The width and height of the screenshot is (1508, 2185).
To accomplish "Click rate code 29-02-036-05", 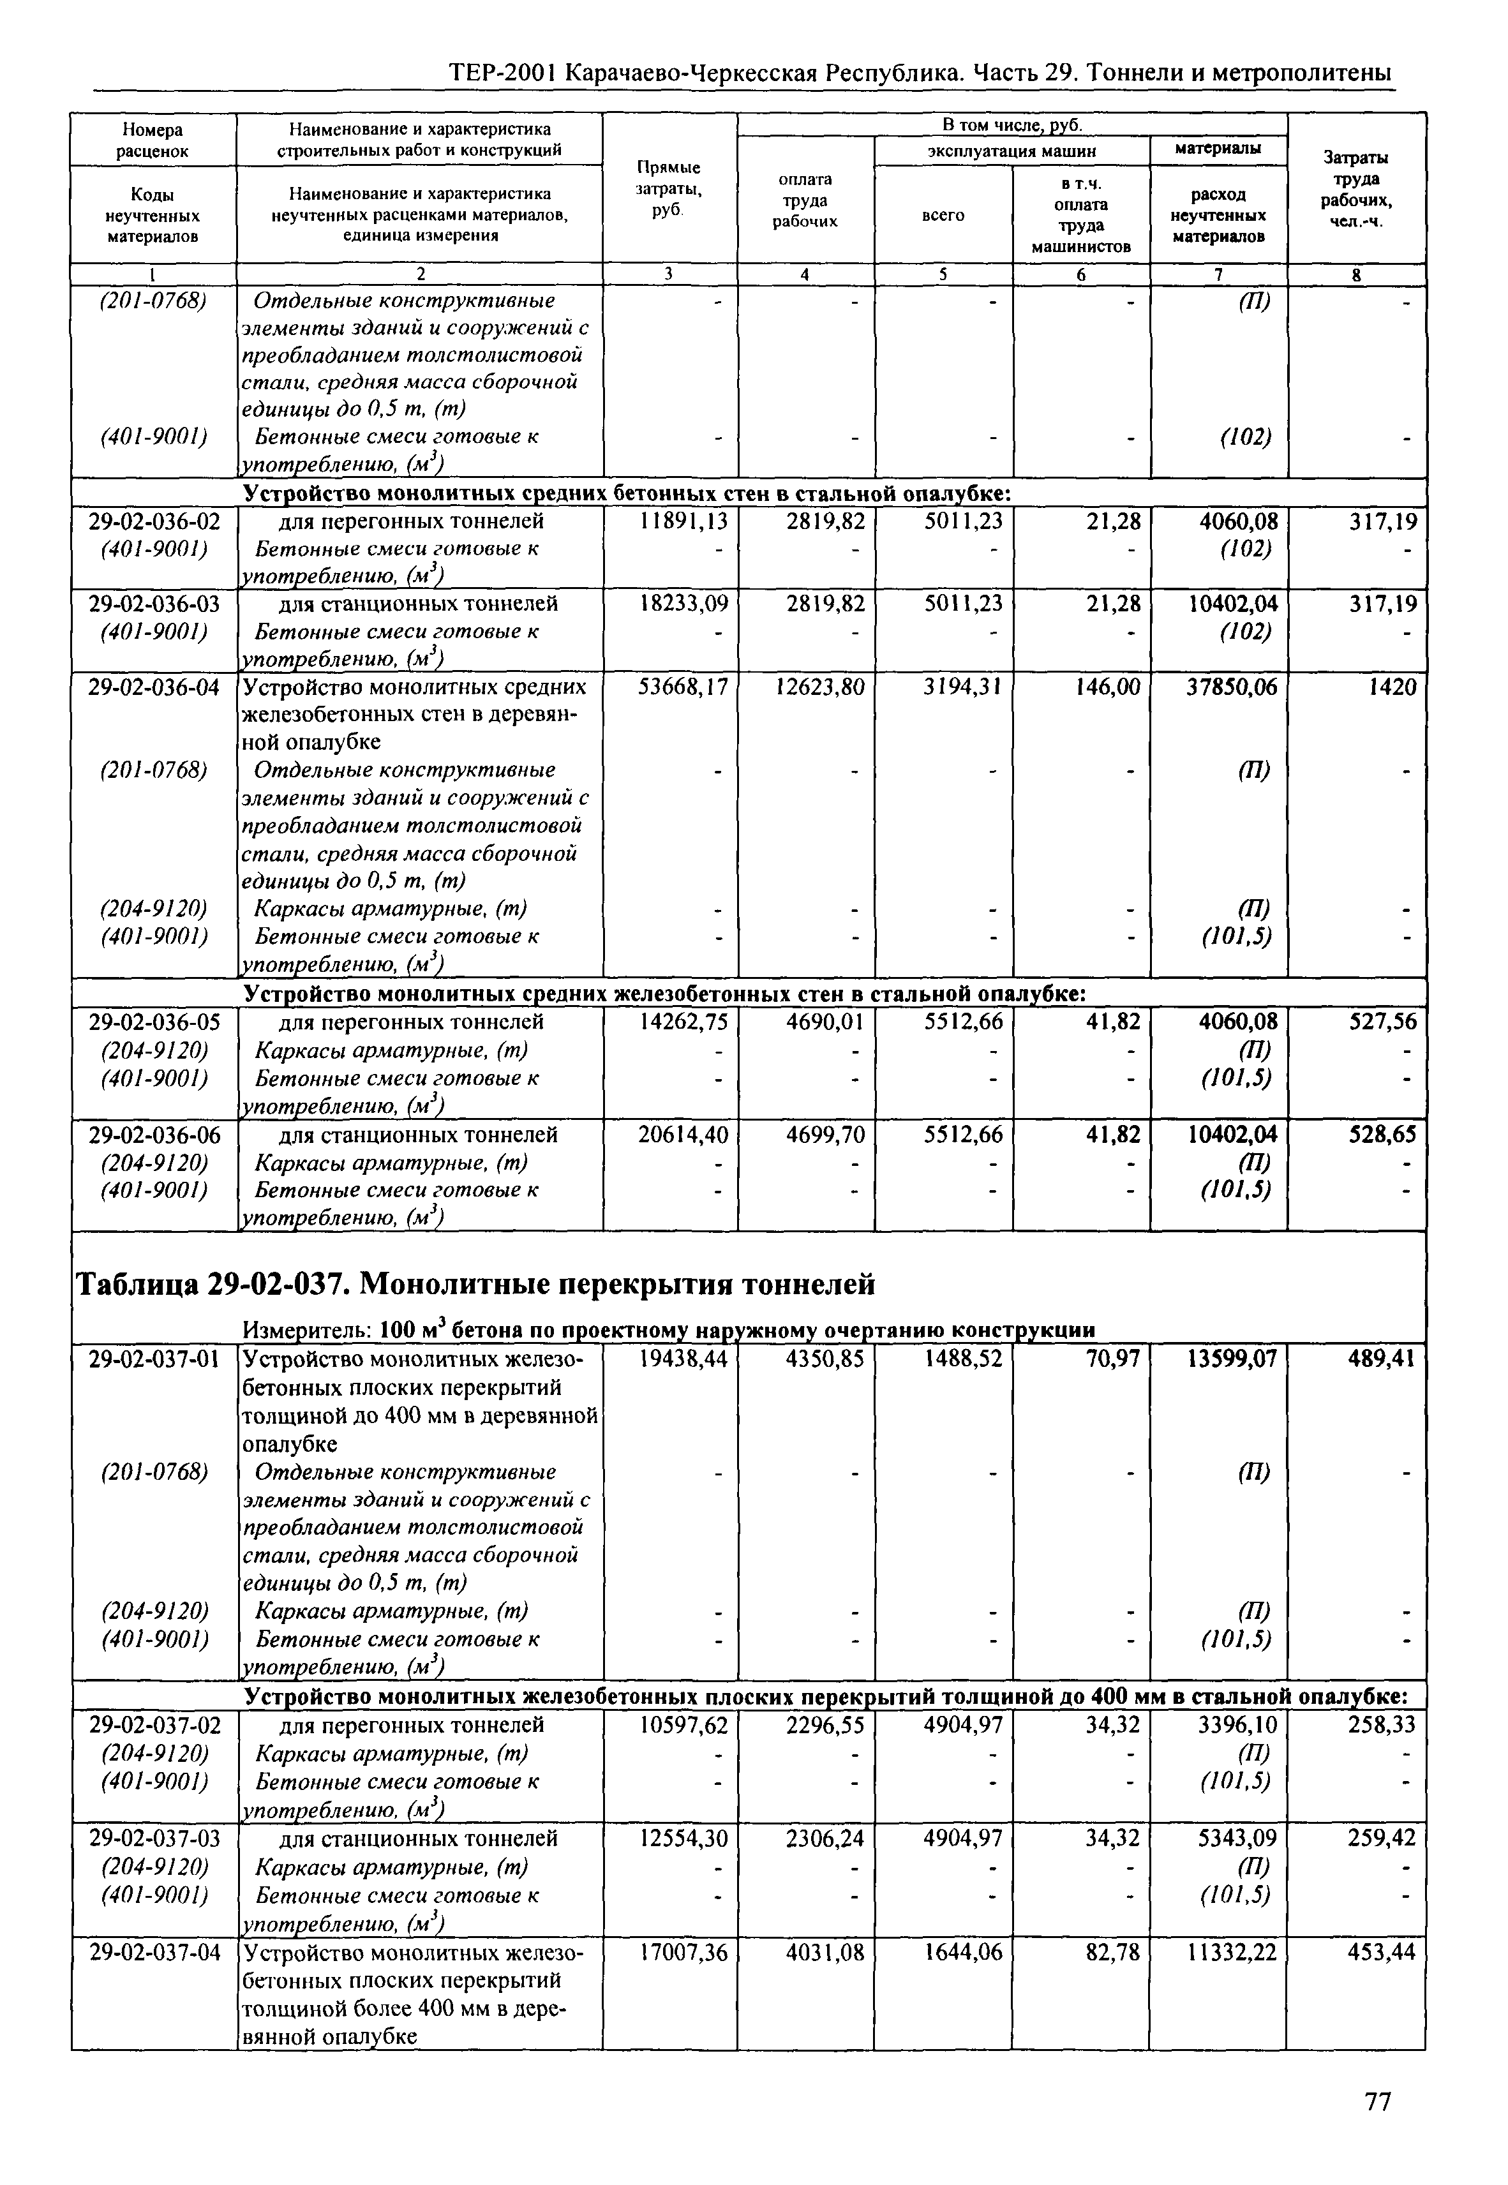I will [x=154, y=1022].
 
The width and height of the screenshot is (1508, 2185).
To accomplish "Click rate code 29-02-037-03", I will [x=154, y=1838].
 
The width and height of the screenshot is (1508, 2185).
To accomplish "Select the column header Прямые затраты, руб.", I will [x=668, y=188].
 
